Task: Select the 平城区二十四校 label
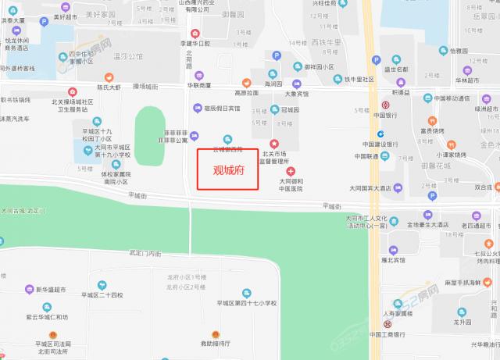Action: click(x=103, y=295)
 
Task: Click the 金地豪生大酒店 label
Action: click(x=410, y=225)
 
